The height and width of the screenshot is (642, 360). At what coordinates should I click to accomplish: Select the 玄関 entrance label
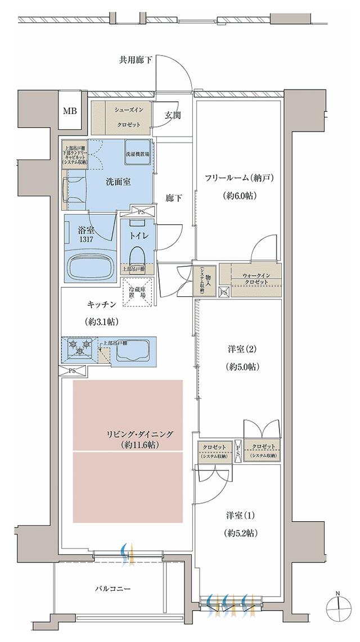172,115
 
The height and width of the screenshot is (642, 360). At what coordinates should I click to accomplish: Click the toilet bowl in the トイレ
137,256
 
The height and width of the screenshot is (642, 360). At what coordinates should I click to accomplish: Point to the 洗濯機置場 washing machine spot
137,153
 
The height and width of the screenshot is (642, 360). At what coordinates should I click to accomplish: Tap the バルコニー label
112,589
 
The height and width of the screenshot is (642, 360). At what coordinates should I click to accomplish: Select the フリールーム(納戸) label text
238,178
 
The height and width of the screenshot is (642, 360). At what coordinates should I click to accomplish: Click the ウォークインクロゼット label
255,278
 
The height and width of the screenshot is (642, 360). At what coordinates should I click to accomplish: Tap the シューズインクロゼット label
129,116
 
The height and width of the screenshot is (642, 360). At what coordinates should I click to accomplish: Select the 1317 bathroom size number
85,239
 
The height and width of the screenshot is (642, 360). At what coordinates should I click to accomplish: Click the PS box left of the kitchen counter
72,370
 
